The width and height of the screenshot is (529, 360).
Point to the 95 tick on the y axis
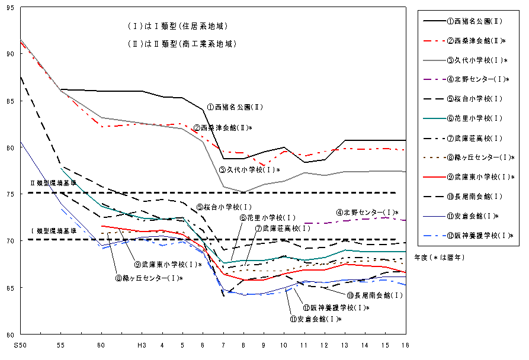click(12, 8)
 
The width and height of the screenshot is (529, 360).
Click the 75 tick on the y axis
click(12, 194)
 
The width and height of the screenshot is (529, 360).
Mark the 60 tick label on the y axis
click(12, 334)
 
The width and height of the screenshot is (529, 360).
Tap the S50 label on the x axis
click(20, 344)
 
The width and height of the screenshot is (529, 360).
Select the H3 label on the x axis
click(141, 344)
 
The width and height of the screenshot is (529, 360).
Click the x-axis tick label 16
click(405, 344)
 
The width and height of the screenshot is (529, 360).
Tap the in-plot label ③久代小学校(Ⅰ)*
click(249, 170)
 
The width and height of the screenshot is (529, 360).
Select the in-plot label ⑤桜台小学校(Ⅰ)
click(225, 207)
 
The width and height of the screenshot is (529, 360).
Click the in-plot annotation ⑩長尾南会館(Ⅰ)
click(375, 295)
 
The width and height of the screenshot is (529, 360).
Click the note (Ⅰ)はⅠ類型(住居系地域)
click(177, 27)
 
